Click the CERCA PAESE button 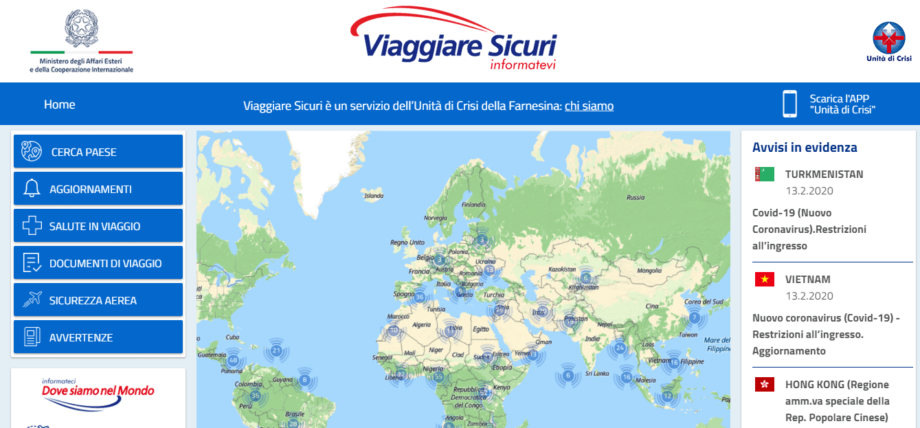[x=98, y=152]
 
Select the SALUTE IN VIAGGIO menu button [x=98, y=226]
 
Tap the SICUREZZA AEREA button [x=98, y=300]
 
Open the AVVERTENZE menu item [x=98, y=337]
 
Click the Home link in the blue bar [x=60, y=104]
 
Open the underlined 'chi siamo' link [x=589, y=106]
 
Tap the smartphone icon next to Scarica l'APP [x=789, y=104]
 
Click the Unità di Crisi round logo [x=888, y=38]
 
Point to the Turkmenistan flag [x=765, y=174]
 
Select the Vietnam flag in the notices [x=765, y=280]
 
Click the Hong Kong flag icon [x=765, y=385]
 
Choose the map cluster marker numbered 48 [x=233, y=360]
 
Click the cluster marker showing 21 [x=276, y=351]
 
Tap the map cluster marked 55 [x=438, y=376]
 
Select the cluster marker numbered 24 [x=620, y=348]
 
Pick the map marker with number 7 [x=695, y=317]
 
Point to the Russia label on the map [x=636, y=197]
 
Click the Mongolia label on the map [x=649, y=271]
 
